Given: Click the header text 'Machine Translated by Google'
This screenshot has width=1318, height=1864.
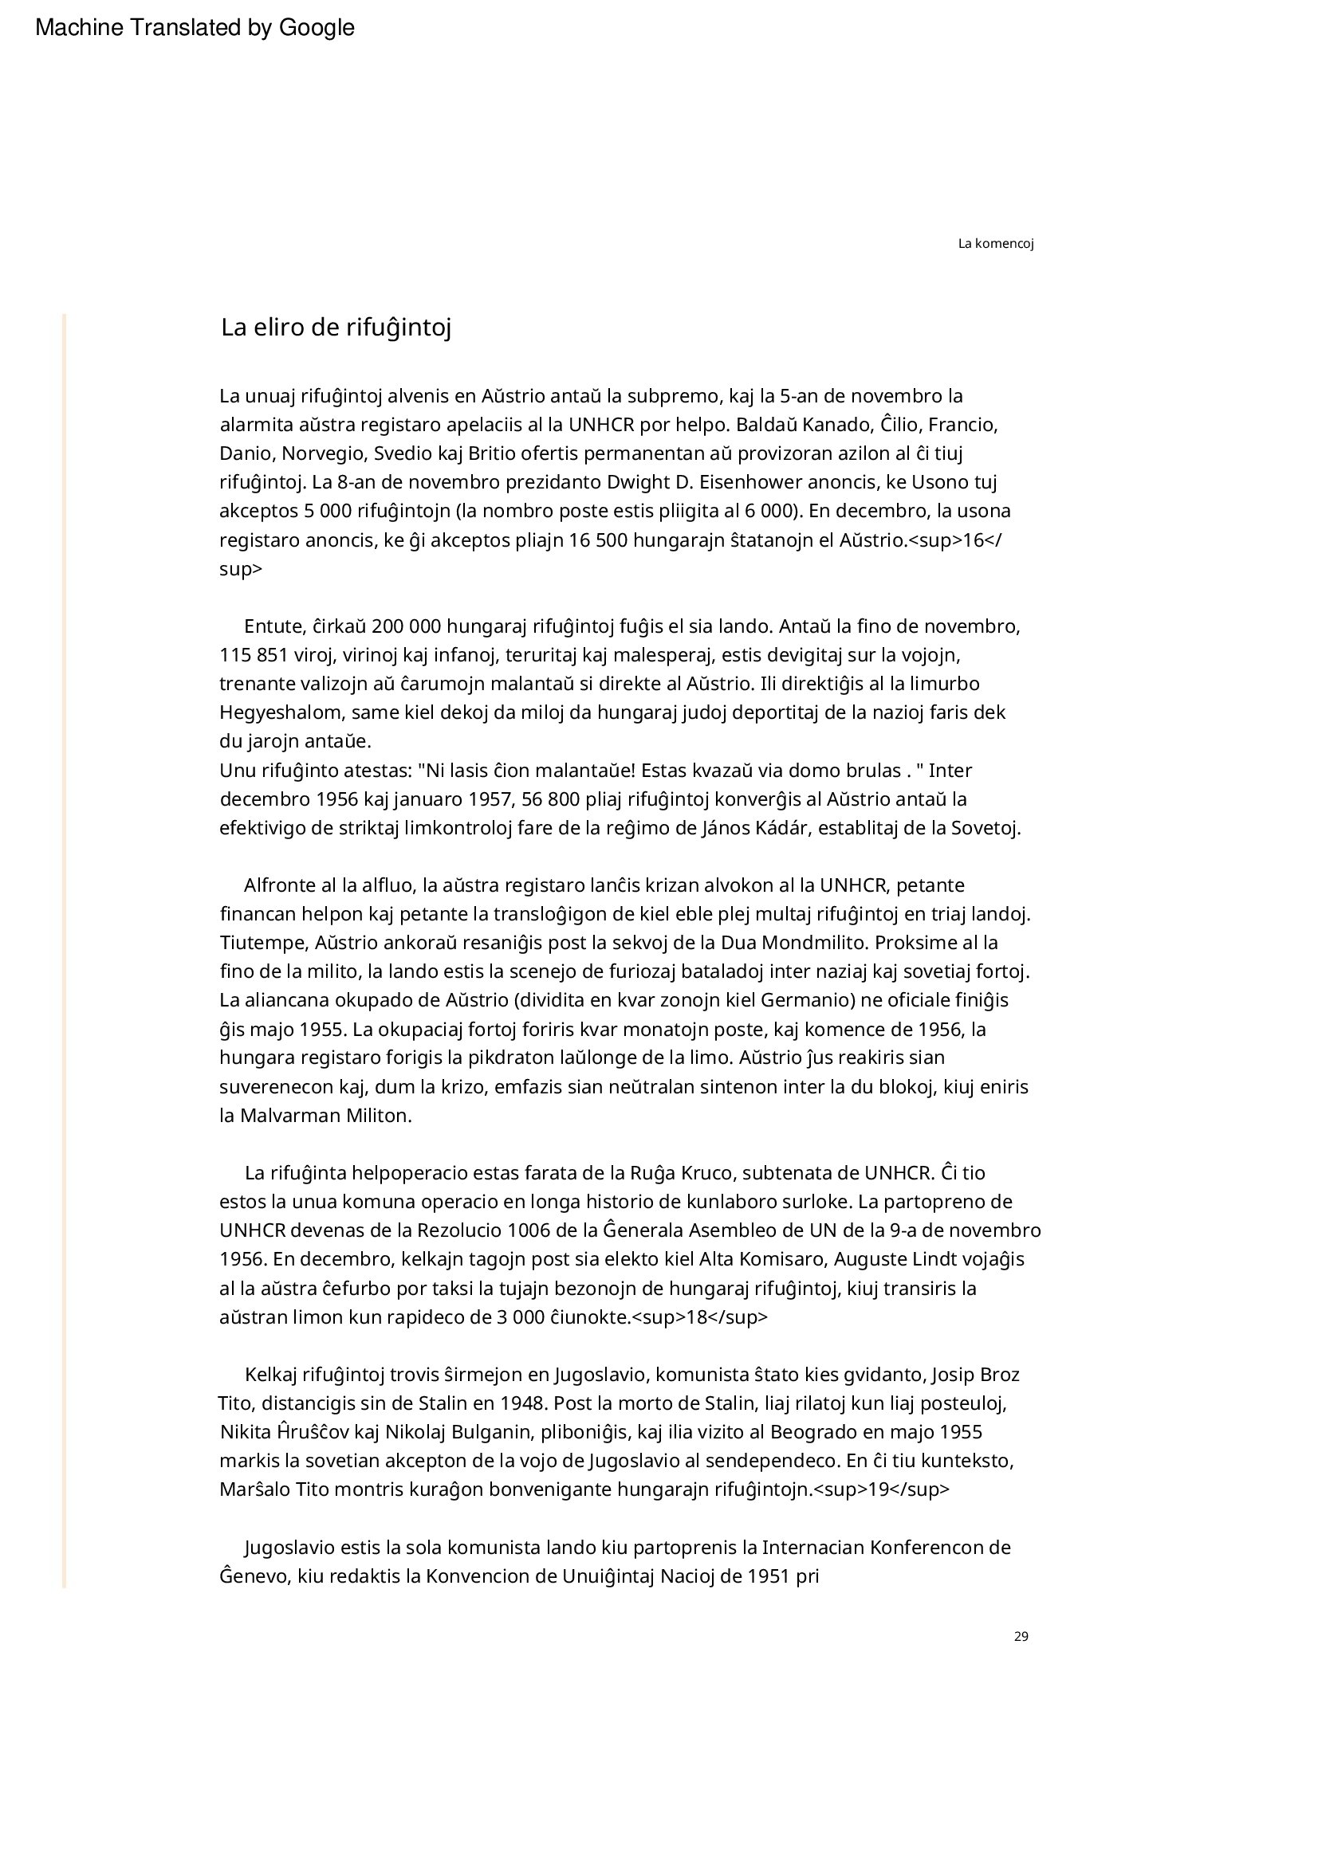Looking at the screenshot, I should (195, 29).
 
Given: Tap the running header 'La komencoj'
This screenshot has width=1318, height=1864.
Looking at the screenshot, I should (996, 244).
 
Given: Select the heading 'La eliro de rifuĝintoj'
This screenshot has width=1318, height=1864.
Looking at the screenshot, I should (336, 328).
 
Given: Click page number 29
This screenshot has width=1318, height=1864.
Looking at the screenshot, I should (1021, 1636).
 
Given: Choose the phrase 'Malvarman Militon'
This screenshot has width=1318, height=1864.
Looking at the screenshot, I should (325, 1116).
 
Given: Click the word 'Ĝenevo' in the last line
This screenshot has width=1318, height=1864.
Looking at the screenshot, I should (251, 1576).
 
